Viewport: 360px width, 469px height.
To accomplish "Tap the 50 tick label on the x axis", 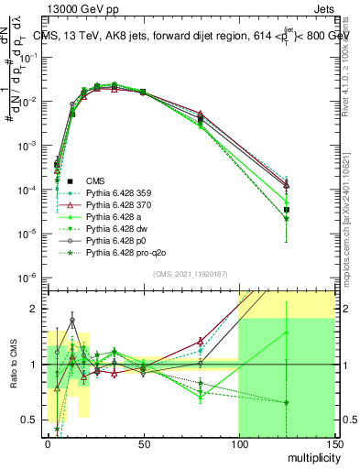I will [x=143, y=443].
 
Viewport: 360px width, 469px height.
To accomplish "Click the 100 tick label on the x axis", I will [x=238, y=443].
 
